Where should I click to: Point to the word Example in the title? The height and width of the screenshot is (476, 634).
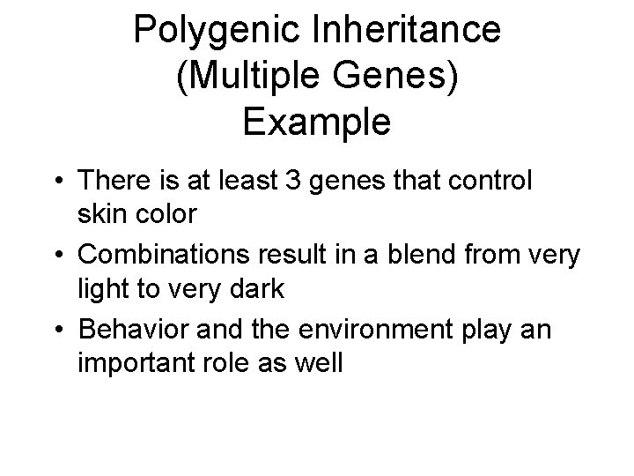click(x=316, y=122)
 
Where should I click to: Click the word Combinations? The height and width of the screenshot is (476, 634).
click(x=168, y=256)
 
